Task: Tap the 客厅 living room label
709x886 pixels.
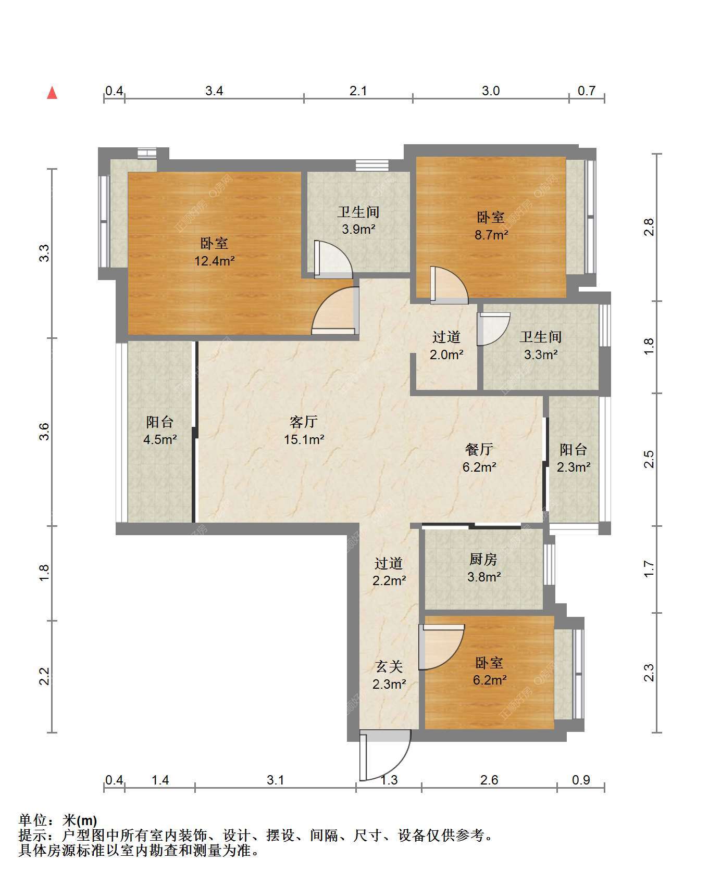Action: click(304, 422)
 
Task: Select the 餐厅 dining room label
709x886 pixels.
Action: click(479, 449)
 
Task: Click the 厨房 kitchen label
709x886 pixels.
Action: click(483, 560)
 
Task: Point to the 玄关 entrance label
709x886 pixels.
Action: click(389, 667)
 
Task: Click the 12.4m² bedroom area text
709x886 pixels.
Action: click(215, 261)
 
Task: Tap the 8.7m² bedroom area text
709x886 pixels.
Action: click(491, 235)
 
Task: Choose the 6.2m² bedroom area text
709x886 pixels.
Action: click(490, 680)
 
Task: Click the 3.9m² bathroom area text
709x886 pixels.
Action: click(358, 229)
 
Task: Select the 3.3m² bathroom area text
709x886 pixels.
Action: click(541, 355)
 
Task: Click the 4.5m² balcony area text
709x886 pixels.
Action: click(160, 439)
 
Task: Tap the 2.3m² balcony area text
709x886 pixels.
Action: click(574, 467)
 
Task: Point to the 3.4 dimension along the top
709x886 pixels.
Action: click(214, 91)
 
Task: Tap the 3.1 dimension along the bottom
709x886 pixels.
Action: click(275, 780)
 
